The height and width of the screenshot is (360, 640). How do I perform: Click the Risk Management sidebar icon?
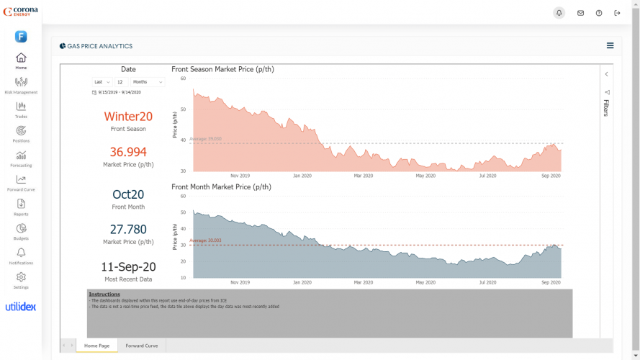(21, 82)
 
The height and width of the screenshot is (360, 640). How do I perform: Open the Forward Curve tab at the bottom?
(141, 346)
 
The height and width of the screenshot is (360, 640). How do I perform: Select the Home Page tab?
(96, 346)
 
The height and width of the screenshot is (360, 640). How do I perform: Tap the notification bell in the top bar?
(559, 13)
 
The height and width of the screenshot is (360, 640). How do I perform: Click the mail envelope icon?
(580, 13)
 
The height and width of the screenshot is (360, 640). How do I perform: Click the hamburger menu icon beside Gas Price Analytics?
(610, 45)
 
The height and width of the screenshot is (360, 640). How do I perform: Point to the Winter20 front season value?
(128, 117)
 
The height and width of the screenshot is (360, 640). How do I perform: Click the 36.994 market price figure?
(128, 152)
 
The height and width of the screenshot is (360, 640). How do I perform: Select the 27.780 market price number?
(128, 229)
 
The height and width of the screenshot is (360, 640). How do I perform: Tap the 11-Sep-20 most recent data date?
(128, 266)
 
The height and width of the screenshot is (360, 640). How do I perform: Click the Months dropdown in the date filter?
(148, 82)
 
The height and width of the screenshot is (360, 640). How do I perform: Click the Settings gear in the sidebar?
(21, 277)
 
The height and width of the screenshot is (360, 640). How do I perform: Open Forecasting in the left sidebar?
(21, 156)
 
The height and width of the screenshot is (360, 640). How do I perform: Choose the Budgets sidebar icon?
(21, 228)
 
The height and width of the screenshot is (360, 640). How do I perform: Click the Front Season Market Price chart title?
(222, 69)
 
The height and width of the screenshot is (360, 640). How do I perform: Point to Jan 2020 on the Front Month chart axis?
(302, 283)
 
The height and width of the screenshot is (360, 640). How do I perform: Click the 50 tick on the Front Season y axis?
(183, 109)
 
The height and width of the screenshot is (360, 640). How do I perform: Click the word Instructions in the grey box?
(104, 294)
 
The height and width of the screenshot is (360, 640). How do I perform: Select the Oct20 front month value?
(128, 194)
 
